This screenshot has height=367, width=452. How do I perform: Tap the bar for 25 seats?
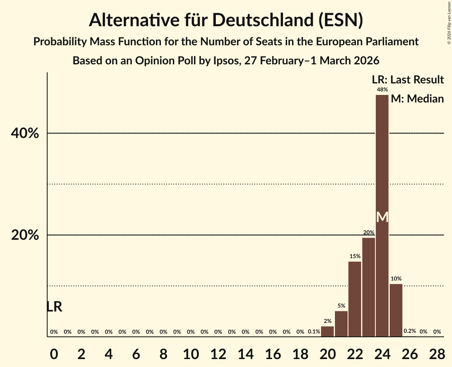click(x=396, y=310)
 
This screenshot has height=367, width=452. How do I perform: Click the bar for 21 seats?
click(x=341, y=323)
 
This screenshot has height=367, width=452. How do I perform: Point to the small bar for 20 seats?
click(x=327, y=331)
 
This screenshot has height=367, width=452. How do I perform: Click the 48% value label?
click(x=382, y=90)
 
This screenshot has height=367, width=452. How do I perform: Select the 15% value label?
click(x=355, y=257)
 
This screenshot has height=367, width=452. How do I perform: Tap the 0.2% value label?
click(x=410, y=331)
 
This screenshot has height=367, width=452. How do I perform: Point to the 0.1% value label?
click(x=314, y=332)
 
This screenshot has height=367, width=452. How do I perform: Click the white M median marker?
click(x=382, y=217)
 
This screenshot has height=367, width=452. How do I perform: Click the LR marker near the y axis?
click(x=54, y=307)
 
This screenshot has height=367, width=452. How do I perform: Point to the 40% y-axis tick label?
click(x=25, y=133)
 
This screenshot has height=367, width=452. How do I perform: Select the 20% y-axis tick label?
click(x=25, y=235)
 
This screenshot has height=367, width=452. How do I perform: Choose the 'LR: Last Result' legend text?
click(x=408, y=80)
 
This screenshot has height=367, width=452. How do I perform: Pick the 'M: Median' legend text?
click(x=417, y=99)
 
